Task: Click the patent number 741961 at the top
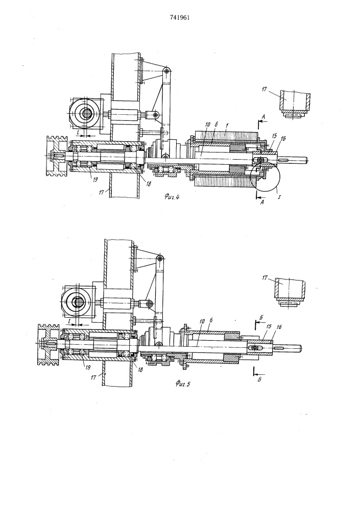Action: (x=180, y=17)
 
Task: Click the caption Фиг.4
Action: (x=172, y=196)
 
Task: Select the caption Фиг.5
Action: (x=183, y=385)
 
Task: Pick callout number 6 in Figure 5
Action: (x=211, y=321)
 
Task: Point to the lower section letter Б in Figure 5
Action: (x=259, y=379)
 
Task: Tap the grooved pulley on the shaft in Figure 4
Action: (x=57, y=156)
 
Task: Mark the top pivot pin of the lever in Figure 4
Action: (x=167, y=70)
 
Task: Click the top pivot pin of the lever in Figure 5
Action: (x=160, y=258)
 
